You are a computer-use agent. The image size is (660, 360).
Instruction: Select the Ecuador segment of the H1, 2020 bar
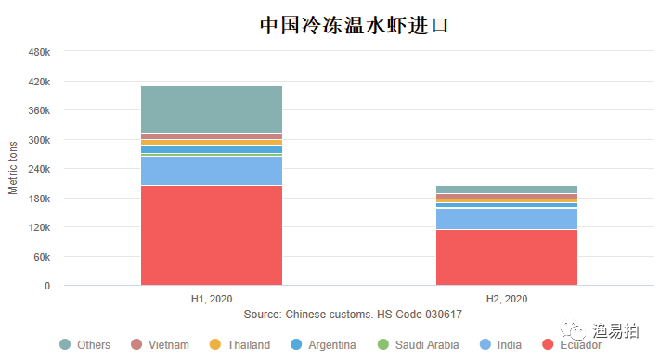click(x=212, y=235)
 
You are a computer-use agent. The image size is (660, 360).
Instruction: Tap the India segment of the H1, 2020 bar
click(x=212, y=171)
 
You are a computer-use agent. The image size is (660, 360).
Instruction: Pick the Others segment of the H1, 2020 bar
click(x=212, y=109)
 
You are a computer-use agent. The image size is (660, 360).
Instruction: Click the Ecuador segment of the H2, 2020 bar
click(x=506, y=257)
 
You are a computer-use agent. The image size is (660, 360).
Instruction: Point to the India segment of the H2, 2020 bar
click(x=506, y=218)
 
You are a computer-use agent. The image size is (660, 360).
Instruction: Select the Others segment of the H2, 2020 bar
click(x=506, y=189)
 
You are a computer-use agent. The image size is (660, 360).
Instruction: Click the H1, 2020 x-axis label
click(x=212, y=299)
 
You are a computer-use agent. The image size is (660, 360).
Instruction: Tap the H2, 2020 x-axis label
click(x=506, y=299)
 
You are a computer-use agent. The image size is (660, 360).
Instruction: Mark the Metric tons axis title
click(x=13, y=168)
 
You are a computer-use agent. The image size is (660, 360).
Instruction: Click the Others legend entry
click(x=85, y=345)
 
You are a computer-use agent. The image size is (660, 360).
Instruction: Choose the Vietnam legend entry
click(x=160, y=345)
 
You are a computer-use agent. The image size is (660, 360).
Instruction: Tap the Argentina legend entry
click(x=322, y=345)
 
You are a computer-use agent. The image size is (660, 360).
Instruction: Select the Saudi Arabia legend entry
click(x=418, y=345)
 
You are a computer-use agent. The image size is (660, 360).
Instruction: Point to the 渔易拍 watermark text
click(x=617, y=330)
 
